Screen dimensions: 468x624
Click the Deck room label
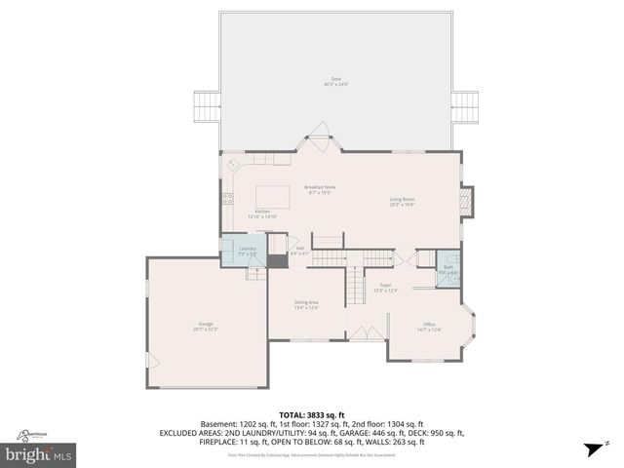336,82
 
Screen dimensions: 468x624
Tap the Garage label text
206,326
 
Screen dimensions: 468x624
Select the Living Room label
403,202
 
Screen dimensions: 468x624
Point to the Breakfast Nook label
320,189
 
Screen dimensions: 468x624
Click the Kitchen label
263,214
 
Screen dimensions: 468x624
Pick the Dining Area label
307,304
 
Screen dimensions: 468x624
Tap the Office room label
429,327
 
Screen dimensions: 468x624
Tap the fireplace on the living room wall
467,202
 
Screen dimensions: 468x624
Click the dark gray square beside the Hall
279,259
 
